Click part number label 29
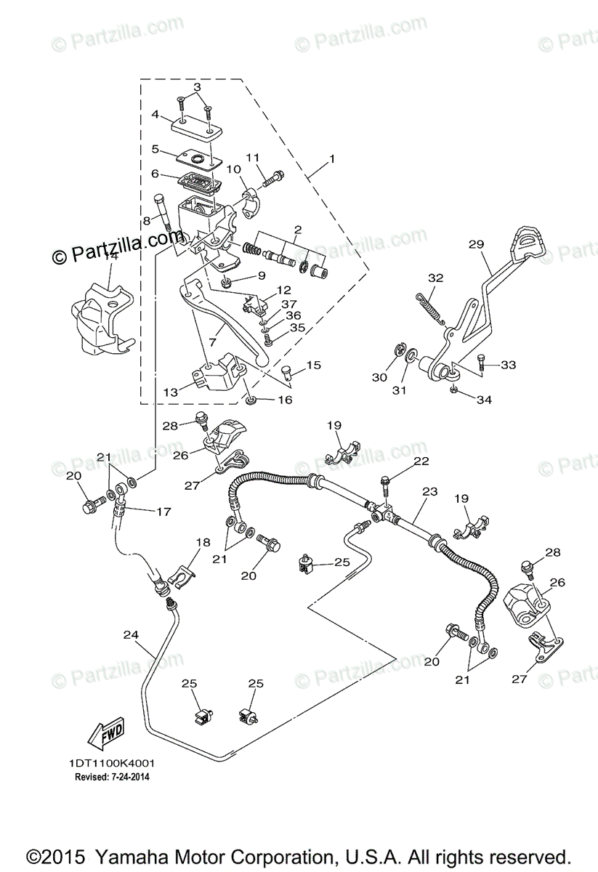point(476,245)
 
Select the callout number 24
point(131,634)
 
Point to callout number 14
point(110,255)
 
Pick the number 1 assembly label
point(331,158)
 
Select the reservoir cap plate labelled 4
point(196,128)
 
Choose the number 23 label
point(429,492)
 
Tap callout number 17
point(163,512)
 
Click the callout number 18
point(202,542)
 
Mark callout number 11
point(252,158)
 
